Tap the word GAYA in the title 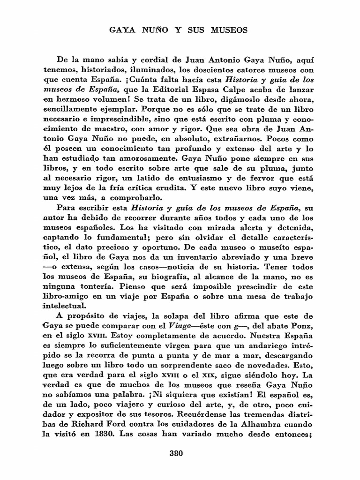point(122,31)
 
